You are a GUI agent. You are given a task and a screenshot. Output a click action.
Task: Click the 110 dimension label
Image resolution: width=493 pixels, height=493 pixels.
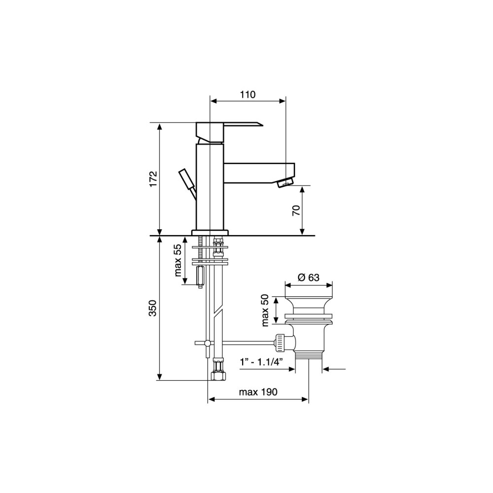[248, 94]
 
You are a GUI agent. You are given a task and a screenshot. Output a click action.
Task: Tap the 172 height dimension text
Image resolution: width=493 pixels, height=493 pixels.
[153, 179]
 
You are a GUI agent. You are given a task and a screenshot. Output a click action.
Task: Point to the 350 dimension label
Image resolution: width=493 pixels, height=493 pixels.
[152, 308]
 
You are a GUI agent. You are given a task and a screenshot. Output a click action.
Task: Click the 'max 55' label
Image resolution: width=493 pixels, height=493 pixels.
[177, 260]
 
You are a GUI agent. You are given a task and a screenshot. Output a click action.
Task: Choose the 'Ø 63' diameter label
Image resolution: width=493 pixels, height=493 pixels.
[308, 277]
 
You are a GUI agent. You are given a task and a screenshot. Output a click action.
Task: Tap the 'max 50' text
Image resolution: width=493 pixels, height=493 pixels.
[265, 310]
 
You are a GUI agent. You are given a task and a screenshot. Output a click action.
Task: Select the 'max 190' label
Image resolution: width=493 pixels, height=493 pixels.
[258, 392]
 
